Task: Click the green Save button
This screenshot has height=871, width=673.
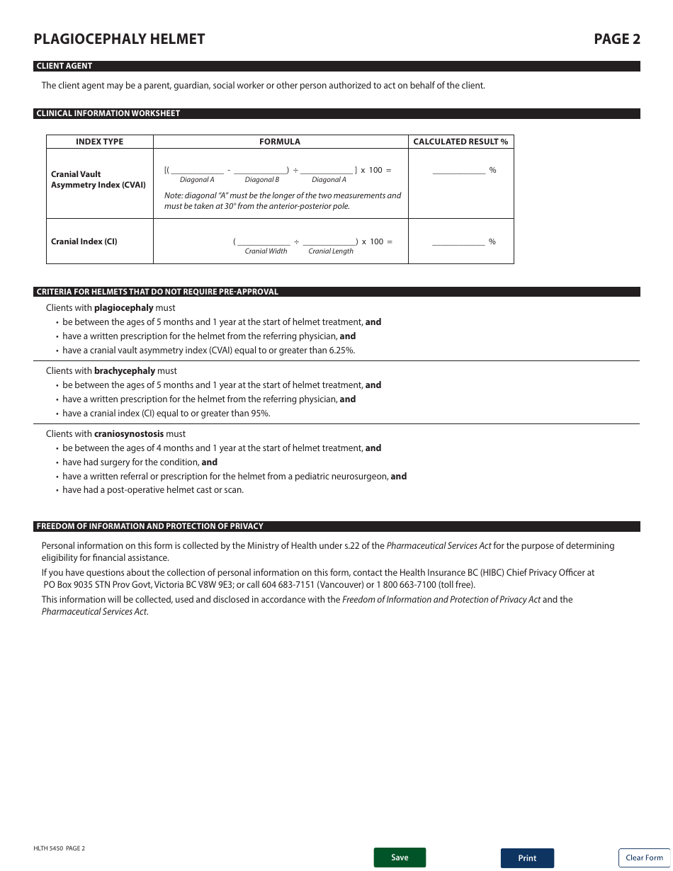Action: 400,858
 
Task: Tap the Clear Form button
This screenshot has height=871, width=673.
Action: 644,858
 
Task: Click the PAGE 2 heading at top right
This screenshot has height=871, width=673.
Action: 616,39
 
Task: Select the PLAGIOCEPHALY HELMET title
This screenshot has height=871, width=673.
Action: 119,39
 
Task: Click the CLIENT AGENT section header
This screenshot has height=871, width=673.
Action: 64,66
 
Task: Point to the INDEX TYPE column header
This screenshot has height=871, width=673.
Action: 99,142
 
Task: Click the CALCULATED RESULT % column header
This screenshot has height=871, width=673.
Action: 460,142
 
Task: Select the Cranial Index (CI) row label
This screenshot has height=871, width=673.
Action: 84,241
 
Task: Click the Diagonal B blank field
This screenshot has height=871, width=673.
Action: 260,170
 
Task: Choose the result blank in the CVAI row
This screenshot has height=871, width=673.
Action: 458,170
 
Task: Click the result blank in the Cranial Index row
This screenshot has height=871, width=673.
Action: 458,241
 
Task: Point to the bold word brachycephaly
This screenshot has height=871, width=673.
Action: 125,371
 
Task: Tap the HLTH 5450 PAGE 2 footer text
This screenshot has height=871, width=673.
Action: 59,848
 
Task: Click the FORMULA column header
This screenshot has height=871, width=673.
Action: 280,142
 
